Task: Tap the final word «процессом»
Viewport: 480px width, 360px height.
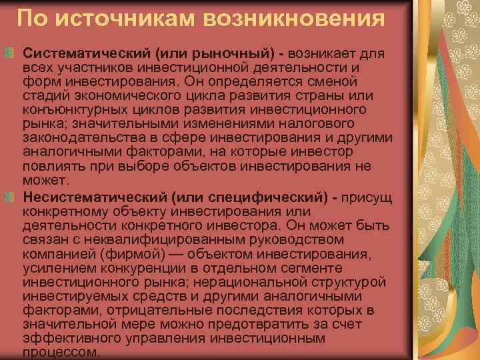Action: point(61,353)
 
